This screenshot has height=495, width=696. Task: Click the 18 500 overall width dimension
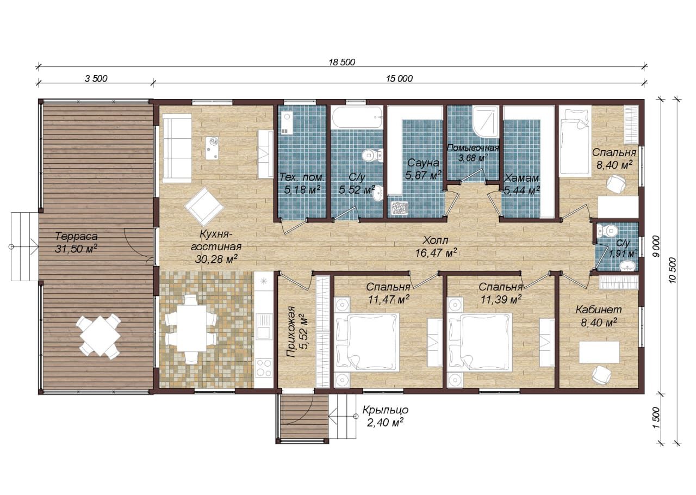[x=342, y=62]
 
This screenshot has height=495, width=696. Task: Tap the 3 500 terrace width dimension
[x=96, y=78]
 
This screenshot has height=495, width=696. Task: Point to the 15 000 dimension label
[x=399, y=78]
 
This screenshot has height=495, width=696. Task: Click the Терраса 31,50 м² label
[x=76, y=243]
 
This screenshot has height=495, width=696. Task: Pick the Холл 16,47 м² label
[x=436, y=246]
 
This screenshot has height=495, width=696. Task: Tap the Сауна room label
[x=423, y=163]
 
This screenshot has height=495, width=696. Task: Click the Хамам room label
[x=521, y=178]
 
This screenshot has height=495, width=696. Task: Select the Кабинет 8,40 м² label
[x=599, y=316]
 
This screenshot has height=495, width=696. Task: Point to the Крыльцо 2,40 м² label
[x=386, y=416]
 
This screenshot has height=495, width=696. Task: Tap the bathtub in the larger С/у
[x=356, y=117]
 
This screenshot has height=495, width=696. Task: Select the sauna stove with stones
[x=399, y=207]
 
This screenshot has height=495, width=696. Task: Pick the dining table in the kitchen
[x=191, y=329]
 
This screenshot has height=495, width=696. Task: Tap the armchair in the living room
[x=204, y=206]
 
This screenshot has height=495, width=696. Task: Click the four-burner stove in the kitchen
[x=264, y=368]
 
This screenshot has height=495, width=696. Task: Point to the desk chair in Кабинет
[x=601, y=374]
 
